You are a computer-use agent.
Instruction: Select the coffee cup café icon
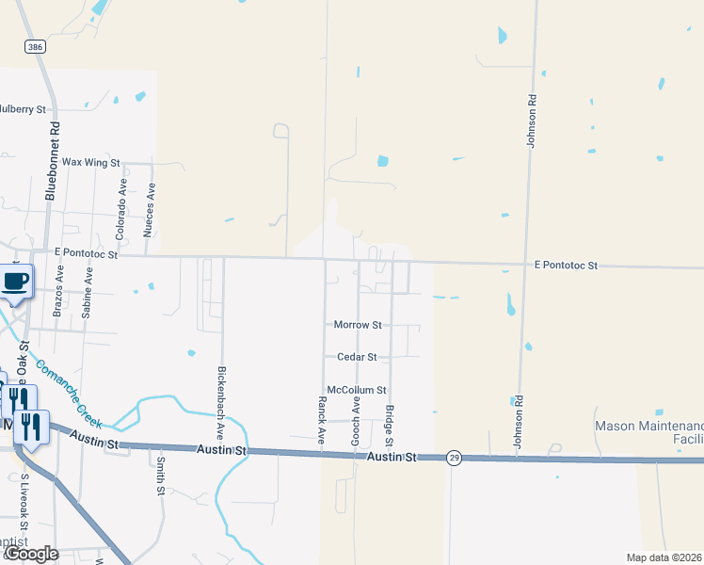[16, 282]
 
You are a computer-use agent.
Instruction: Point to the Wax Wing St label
[91, 163]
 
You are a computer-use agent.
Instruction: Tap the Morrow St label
[358, 325]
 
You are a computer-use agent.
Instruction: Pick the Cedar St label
[357, 358]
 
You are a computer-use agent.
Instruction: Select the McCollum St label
[356, 390]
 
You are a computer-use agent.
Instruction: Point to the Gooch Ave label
[357, 420]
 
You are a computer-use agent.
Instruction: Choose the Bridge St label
[390, 426]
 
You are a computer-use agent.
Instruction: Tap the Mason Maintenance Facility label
[649, 432]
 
